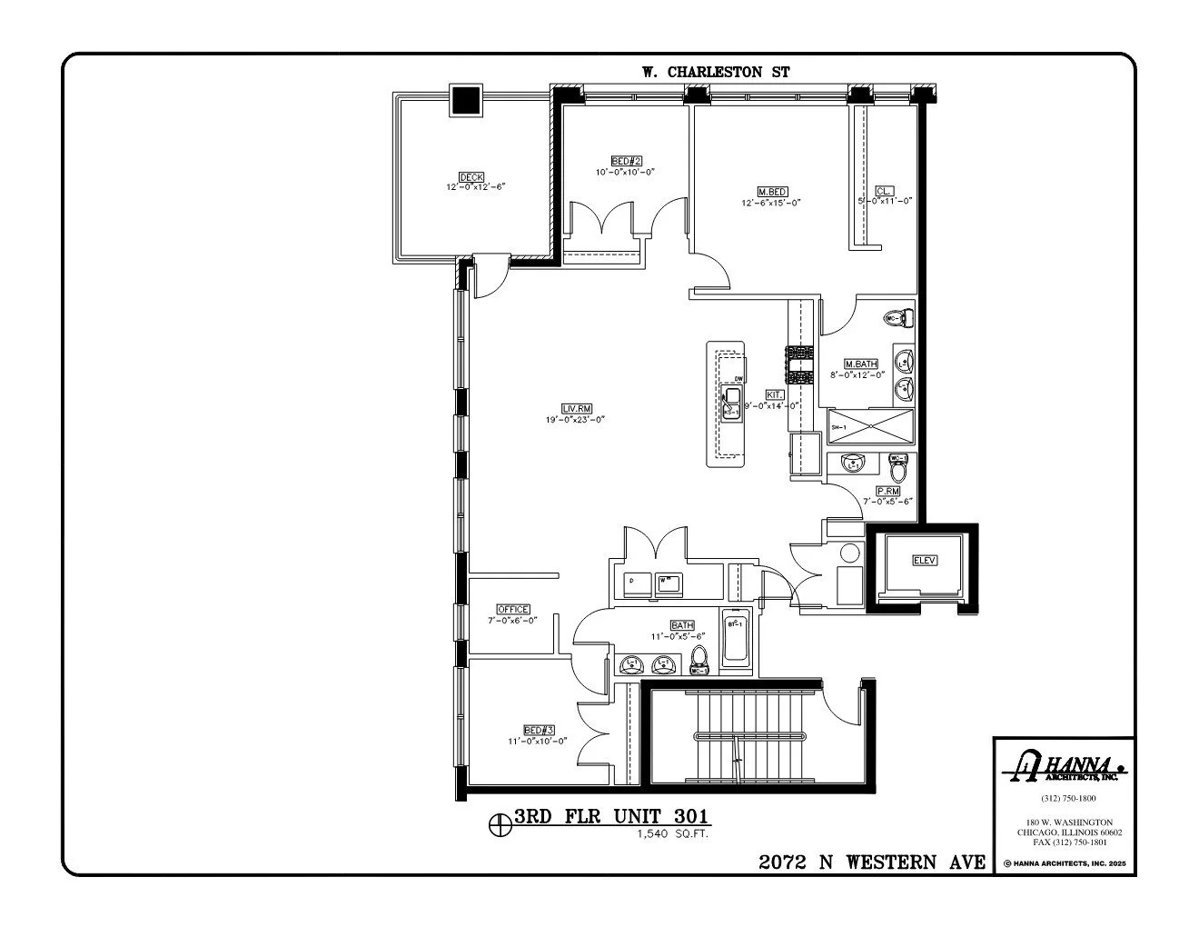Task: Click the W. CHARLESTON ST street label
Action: point(716,73)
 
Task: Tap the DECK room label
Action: point(471,176)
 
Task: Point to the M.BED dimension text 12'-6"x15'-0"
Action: point(771,203)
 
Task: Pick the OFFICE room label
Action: point(512,609)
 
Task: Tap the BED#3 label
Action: point(539,730)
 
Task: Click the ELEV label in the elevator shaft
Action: point(924,561)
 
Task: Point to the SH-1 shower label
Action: point(839,426)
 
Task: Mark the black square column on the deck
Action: point(467,100)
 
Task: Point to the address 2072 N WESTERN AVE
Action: point(872,862)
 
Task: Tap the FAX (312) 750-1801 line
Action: point(1064,842)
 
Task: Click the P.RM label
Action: point(887,491)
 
